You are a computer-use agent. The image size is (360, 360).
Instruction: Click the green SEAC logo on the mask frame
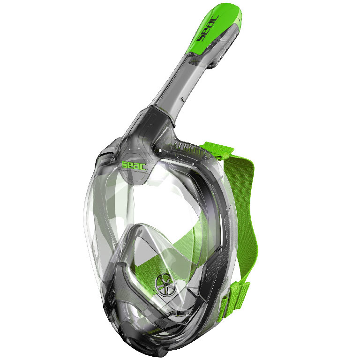coord(134,165)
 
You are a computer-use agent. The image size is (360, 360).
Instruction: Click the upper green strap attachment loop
coord(217,150)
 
